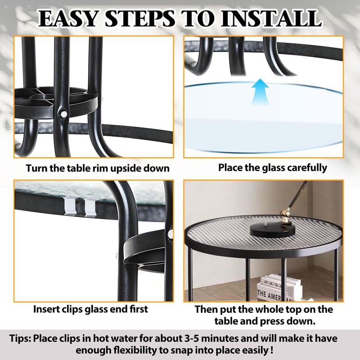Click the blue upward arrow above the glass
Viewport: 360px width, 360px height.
260,92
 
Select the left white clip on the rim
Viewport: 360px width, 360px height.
70,207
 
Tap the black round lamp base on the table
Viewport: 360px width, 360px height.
272,230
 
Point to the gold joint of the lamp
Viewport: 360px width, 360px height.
285,213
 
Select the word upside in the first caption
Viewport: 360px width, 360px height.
126,168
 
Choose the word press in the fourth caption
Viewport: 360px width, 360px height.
274,321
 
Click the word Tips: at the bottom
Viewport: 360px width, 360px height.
20,339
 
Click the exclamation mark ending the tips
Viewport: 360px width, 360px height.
271,350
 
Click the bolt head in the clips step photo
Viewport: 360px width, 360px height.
171,234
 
